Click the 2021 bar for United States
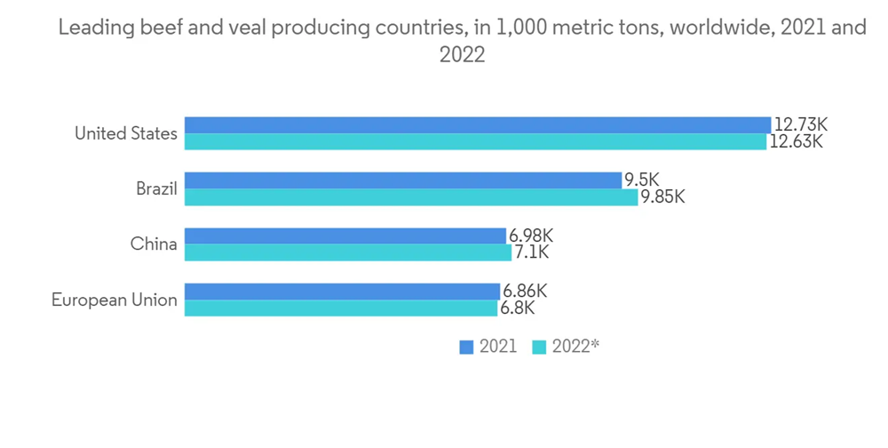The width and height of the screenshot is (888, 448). (477, 125)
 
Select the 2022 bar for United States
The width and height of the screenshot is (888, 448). (475, 142)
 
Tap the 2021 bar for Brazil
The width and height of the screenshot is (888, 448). (402, 180)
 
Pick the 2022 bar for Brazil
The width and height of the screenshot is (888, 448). (410, 197)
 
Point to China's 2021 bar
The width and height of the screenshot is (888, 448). (345, 236)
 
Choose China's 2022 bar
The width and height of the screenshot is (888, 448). (347, 252)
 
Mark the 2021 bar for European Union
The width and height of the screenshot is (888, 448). (342, 291)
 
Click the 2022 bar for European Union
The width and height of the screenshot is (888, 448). (340, 308)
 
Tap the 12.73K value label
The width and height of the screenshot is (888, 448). (801, 125)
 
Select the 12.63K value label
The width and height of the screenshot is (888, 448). (797, 142)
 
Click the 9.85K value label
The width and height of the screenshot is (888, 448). (662, 197)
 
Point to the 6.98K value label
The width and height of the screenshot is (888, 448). (531, 236)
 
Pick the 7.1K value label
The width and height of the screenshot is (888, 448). (531, 252)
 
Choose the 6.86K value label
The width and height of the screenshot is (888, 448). (524, 291)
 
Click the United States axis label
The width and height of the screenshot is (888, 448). (126, 134)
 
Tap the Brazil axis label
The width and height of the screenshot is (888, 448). (156, 189)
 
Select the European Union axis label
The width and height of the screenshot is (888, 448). (114, 300)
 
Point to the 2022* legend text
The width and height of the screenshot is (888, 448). (575, 348)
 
